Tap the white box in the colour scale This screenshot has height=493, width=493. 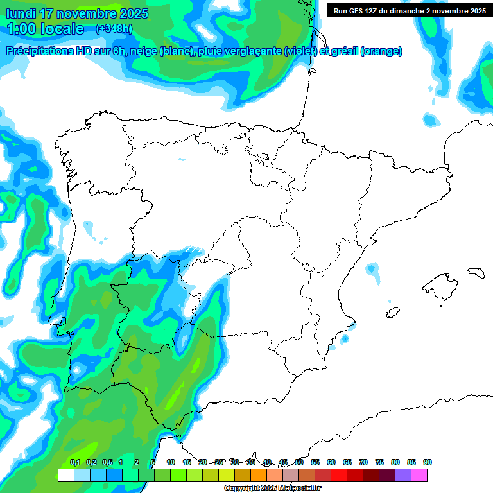(65, 475)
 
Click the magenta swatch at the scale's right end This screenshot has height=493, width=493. (419, 475)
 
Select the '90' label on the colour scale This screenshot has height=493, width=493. (428, 462)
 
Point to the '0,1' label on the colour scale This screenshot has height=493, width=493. (75, 462)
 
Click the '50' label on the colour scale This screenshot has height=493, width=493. (299, 462)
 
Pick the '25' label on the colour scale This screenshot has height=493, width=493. (219, 462)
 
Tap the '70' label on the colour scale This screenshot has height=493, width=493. (363, 462)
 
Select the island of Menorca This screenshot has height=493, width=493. (476, 272)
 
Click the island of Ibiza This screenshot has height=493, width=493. (391, 313)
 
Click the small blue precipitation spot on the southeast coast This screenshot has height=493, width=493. (345, 338)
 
